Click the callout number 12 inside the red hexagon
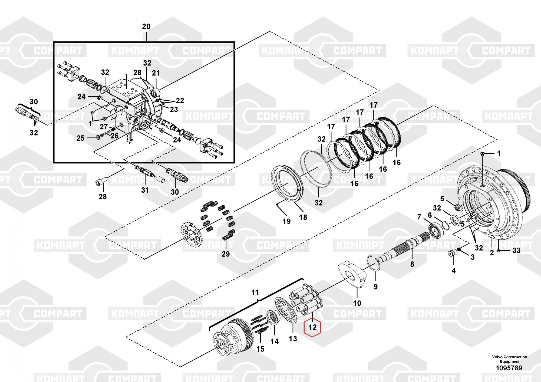click(312, 327)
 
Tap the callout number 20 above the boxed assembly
click(146, 27)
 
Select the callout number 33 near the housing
click(516, 251)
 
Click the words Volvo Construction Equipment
click(510, 359)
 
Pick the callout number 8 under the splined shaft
click(412, 264)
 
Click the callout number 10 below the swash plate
click(357, 303)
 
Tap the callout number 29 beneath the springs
click(226, 254)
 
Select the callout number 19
click(286, 221)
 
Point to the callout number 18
click(303, 217)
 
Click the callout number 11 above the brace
click(255, 292)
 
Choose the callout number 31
click(145, 190)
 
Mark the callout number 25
click(80, 138)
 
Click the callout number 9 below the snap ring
click(375, 287)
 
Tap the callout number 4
click(454, 271)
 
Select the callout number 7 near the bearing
click(419, 217)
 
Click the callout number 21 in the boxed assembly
click(156, 73)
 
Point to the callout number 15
click(260, 349)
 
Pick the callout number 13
click(293, 338)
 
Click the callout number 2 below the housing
click(492, 253)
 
